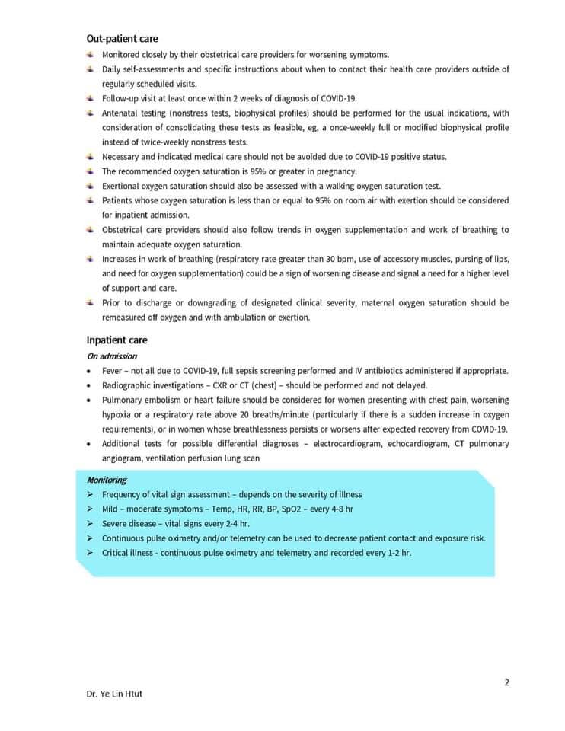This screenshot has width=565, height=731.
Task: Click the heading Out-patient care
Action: pos(122,39)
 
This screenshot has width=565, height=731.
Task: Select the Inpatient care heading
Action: pos(117,340)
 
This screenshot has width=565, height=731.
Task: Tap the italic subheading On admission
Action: pos(111,356)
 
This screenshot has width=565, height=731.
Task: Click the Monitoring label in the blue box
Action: pos(107,480)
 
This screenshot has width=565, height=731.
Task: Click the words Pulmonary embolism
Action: pos(139,400)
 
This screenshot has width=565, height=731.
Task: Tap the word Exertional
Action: pos(122,186)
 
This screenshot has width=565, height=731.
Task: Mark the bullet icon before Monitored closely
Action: pos(91,54)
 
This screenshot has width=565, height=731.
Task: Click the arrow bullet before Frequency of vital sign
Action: pos(91,495)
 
